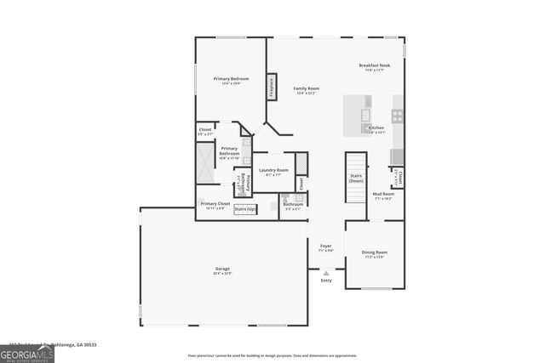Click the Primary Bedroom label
point(230,79)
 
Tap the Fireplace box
point(272,88)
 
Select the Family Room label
point(306,89)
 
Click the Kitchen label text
point(376,128)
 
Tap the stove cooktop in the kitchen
point(397,116)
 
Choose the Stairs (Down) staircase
point(356,178)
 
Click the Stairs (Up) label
point(245,209)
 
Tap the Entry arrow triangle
point(326,273)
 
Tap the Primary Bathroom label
point(229,152)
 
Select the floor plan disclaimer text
point(273,355)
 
